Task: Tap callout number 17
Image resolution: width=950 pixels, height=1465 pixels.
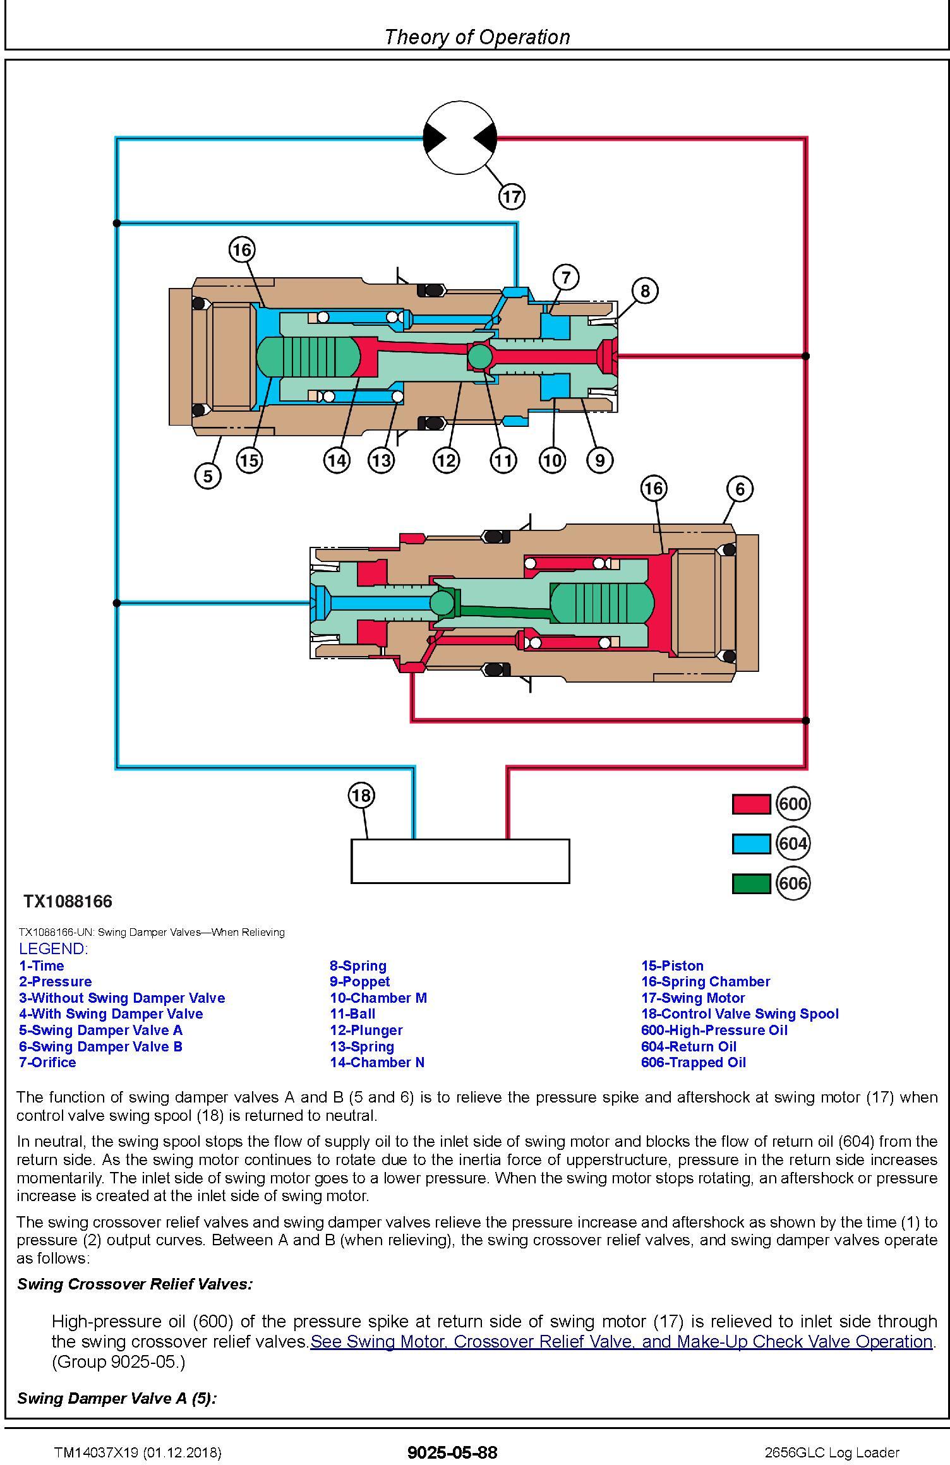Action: pyautogui.click(x=512, y=196)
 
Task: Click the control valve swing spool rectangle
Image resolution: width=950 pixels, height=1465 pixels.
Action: pyautogui.click(x=460, y=861)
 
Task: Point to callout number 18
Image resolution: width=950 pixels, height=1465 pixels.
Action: pyautogui.click(x=361, y=795)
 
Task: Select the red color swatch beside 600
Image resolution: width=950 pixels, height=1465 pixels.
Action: pyautogui.click(x=751, y=804)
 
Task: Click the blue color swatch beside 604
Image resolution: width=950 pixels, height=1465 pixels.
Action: pyautogui.click(x=751, y=844)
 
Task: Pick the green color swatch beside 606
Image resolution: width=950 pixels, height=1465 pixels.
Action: pyautogui.click(x=751, y=883)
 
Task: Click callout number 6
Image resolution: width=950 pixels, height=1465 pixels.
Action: pyautogui.click(x=740, y=489)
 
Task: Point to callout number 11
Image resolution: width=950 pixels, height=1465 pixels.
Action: pyautogui.click(x=503, y=460)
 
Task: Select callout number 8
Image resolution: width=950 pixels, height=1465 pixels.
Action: pyautogui.click(x=644, y=291)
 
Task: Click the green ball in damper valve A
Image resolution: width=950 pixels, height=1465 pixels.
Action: pyautogui.click(x=479, y=357)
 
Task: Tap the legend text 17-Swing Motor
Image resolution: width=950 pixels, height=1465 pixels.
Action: pyautogui.click(x=693, y=998)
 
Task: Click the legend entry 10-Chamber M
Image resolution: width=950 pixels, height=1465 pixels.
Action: pyautogui.click(x=378, y=998)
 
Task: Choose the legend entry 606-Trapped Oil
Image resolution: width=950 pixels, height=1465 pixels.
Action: pyautogui.click(x=694, y=1062)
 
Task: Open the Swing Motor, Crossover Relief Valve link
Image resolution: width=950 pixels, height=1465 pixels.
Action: pyautogui.click(x=622, y=1341)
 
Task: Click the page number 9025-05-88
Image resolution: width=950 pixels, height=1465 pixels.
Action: pyautogui.click(x=452, y=1452)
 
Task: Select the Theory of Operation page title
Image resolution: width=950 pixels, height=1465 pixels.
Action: pyautogui.click(x=477, y=37)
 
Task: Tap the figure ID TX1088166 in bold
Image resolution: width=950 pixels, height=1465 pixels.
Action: pyautogui.click(x=68, y=901)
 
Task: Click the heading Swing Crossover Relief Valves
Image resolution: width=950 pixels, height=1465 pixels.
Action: pyautogui.click(x=135, y=1284)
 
